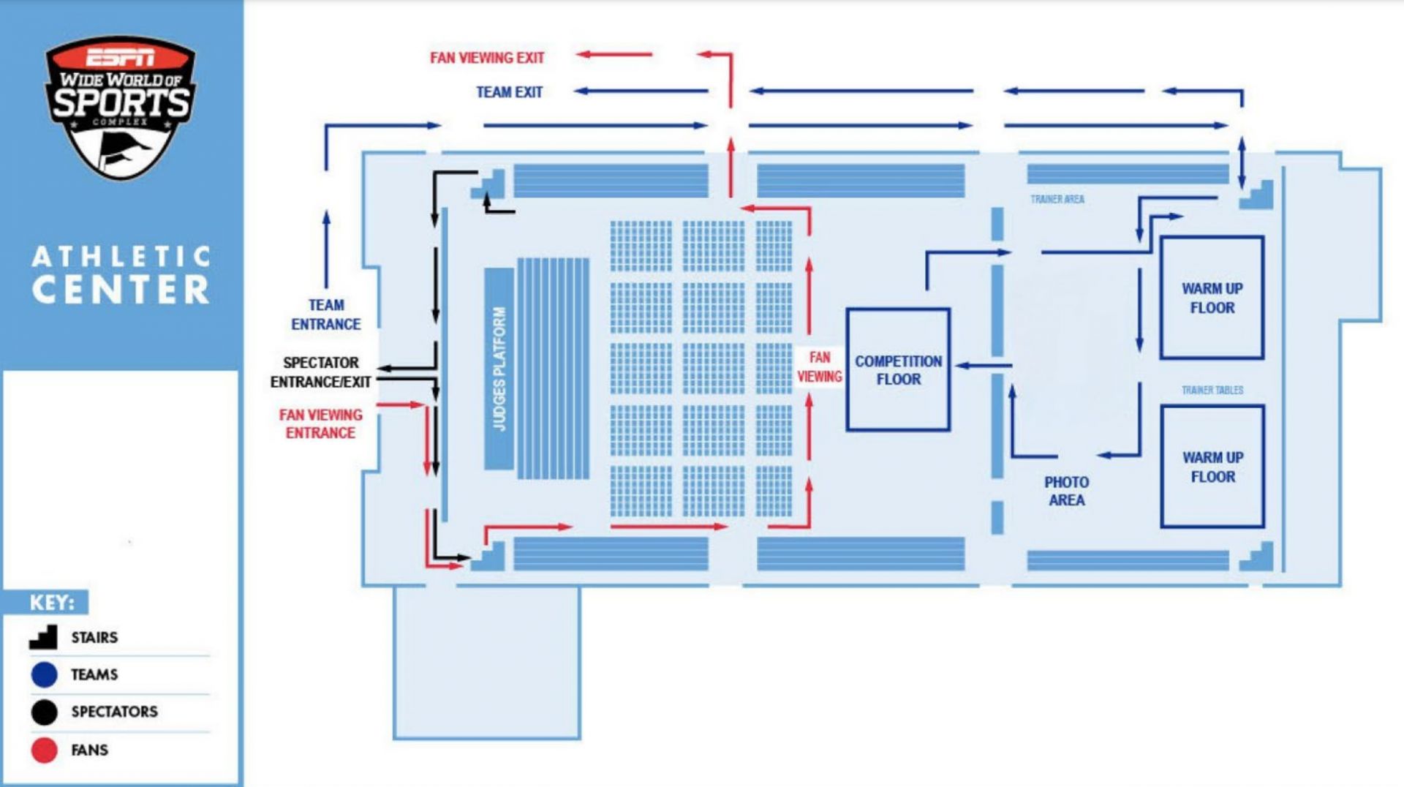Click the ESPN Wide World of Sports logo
click(x=121, y=105)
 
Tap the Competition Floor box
click(x=898, y=369)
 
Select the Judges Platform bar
click(x=499, y=369)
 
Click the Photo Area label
click(x=1066, y=492)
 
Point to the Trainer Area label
click(x=1057, y=199)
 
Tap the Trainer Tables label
click(x=1212, y=390)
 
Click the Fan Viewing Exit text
click(x=487, y=58)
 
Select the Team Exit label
click(x=509, y=92)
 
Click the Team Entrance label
click(x=326, y=315)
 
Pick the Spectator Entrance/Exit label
click(x=321, y=372)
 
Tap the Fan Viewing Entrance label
click(x=321, y=423)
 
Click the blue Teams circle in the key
click(x=45, y=674)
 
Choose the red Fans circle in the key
click(x=45, y=750)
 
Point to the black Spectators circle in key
click(x=45, y=712)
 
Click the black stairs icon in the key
click(x=44, y=637)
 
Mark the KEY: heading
click(x=51, y=603)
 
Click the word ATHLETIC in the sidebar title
click(x=121, y=257)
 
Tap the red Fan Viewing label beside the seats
click(x=820, y=366)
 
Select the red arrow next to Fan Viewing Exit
click(x=614, y=54)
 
